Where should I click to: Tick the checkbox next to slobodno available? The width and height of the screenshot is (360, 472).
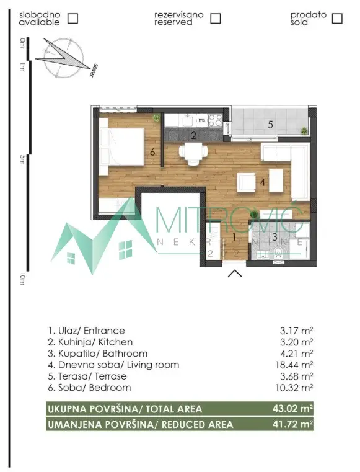72,18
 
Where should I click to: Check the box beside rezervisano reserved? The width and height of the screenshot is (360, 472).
215,18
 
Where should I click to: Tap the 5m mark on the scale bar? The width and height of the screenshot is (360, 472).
22,160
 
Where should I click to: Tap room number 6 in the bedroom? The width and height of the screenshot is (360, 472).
152,150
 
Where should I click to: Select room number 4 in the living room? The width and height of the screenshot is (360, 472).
263,182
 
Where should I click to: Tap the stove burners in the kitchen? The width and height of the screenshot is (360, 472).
215,120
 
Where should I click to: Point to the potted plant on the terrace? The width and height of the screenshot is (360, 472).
304,130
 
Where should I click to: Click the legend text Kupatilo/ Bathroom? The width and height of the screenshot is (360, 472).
97,354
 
